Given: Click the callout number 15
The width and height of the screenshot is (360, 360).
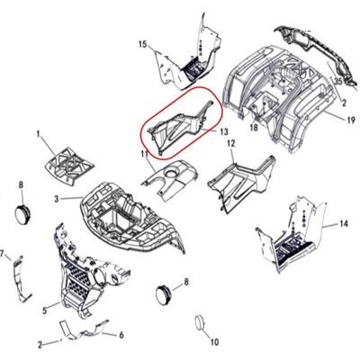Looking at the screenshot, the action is [x=143, y=45].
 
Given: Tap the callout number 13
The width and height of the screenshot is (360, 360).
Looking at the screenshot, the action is [x=223, y=131].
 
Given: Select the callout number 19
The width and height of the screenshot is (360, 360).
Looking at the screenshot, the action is [x=350, y=120].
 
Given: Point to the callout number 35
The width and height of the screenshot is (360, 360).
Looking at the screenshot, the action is [x=338, y=81].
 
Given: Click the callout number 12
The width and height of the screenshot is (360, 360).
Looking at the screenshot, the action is [x=231, y=144].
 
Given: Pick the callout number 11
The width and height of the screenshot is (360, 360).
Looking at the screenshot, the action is [x=145, y=154].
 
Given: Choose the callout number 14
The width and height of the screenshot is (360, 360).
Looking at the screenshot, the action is [x=344, y=223].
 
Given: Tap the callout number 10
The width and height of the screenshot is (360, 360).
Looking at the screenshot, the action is [x=215, y=342].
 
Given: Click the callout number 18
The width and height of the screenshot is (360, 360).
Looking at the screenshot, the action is [x=254, y=128].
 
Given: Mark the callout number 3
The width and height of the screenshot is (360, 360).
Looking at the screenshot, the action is [x=57, y=199].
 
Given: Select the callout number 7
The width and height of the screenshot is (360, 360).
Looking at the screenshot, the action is [x=2, y=255].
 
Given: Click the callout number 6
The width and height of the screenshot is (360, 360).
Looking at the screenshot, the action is [x=121, y=335].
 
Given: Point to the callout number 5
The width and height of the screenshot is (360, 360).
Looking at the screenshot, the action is [x=45, y=310].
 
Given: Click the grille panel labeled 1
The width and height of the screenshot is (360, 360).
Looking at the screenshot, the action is [x=69, y=165].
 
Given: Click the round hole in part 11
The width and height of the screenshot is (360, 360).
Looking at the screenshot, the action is [x=171, y=173].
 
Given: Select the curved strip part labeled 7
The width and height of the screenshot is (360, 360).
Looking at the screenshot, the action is [x=22, y=279].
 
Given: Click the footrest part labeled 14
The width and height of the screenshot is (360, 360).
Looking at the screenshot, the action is [x=288, y=236].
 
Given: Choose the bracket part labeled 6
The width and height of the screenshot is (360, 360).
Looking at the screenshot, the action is [x=83, y=331].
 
